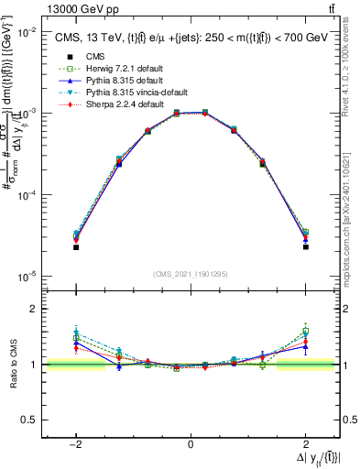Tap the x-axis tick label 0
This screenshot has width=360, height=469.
(x=190, y=445)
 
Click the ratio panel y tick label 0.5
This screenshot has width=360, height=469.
(x=32, y=420)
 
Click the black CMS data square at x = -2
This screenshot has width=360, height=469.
(x=76, y=247)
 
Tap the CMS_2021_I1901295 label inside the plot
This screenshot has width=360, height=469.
(x=190, y=274)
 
